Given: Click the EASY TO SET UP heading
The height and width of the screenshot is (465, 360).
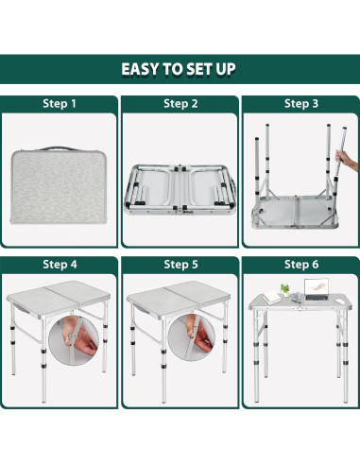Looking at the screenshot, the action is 179,69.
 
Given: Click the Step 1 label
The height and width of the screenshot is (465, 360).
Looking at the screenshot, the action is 60,104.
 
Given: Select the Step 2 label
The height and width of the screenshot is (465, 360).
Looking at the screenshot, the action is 180,104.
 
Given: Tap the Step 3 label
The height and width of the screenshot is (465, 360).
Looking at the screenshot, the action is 301,104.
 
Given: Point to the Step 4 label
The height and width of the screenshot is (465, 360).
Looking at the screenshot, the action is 60,265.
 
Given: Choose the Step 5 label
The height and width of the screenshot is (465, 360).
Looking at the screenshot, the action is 180,265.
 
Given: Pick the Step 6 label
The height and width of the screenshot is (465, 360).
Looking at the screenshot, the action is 301,265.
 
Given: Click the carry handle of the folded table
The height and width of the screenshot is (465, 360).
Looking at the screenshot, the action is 59,148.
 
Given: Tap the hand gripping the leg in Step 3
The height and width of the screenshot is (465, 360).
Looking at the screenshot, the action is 347,160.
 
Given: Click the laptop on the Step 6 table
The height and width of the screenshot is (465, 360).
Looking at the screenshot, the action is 317,289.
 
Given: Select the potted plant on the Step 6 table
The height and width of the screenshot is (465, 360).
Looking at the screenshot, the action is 285,290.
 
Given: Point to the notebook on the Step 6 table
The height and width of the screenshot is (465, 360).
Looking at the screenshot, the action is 271,297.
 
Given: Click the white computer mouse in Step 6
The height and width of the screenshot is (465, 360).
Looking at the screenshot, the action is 339,301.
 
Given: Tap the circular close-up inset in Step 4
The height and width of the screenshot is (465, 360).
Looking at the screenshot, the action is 74,340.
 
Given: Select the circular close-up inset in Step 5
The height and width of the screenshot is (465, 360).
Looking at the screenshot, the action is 192,338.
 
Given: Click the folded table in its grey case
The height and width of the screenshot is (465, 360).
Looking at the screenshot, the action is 59,185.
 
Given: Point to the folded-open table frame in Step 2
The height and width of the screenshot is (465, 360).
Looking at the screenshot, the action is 180,189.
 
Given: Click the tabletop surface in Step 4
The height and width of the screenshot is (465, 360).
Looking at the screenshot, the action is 59,298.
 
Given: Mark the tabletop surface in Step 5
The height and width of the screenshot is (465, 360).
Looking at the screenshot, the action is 179,298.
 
